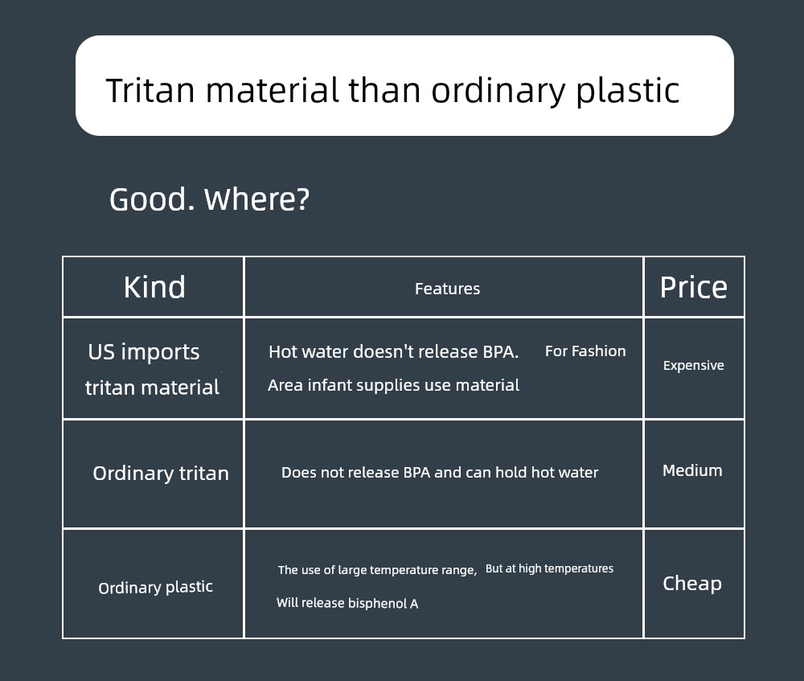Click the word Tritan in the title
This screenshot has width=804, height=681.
pos(150,90)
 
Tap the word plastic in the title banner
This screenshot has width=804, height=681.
pos(628,91)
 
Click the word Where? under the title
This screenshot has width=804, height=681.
pos(257,199)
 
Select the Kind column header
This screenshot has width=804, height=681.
pos(154,287)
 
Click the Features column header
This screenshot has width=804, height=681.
pos(447,289)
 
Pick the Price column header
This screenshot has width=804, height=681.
pos(693,287)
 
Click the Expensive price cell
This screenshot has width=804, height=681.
pos(693,366)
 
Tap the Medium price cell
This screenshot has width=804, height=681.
pos(692,470)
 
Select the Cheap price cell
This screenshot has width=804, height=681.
pos(692,584)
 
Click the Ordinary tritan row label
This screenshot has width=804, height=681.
pos(161,474)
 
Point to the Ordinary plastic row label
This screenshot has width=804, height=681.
pos(155,587)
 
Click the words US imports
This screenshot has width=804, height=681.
pos(144,352)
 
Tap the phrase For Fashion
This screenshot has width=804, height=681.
pos(585,351)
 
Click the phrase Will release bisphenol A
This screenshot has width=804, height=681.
pos(347,603)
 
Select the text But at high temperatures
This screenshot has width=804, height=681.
pos(549,568)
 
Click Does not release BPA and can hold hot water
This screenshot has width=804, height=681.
pos(440,472)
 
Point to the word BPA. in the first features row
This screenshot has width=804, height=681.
pos(500,352)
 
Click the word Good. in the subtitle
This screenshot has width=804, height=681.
pos(152,199)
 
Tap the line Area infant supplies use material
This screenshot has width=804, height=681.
pos(393,385)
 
